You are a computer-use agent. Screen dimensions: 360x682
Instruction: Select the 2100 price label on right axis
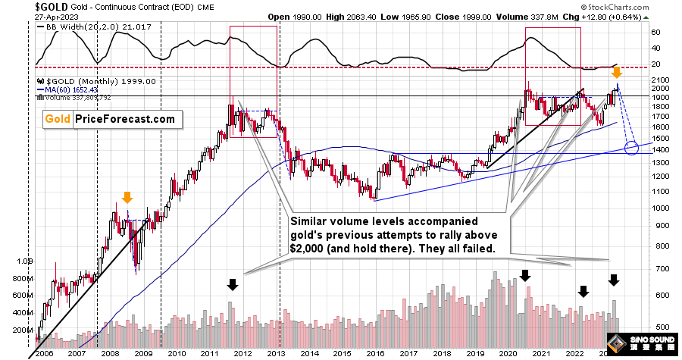coord(660,79)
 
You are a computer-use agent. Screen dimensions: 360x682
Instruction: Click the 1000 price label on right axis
coord(660,208)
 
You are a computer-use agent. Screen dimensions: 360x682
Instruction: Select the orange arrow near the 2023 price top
coord(617,73)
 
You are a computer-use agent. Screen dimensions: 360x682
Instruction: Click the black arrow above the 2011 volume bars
coord(233,285)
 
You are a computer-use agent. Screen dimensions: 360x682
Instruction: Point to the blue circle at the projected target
coord(631,147)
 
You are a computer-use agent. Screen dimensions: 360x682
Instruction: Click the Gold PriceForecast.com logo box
coord(108,119)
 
